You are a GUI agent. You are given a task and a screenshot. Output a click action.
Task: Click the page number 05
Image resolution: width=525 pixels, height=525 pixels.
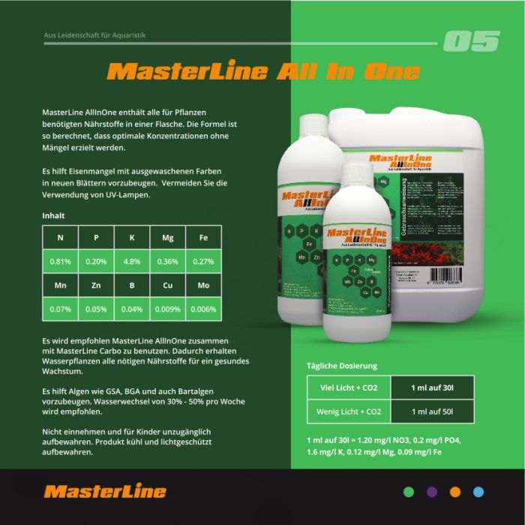tap(471, 41)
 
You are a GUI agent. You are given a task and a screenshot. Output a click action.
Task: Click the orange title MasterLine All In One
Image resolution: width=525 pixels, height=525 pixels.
tap(263, 72)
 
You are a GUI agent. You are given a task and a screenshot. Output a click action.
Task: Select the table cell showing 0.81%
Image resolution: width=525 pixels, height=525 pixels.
tap(61, 262)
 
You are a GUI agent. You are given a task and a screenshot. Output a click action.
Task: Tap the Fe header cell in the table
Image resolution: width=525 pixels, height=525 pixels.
tap(202, 238)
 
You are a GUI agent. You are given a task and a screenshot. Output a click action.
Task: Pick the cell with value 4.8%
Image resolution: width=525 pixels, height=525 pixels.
tap(132, 262)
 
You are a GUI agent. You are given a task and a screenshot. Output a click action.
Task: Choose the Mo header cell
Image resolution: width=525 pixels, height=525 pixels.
tap(202, 286)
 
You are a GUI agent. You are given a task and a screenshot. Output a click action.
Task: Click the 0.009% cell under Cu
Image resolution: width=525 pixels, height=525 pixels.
tap(167, 309)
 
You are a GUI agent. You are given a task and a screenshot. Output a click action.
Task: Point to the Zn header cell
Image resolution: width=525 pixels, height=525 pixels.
tap(96, 286)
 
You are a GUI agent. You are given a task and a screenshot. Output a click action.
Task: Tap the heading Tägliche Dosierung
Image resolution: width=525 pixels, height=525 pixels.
tap(342, 366)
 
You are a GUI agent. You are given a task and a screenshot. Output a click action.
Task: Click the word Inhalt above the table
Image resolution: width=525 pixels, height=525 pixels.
tap(53, 215)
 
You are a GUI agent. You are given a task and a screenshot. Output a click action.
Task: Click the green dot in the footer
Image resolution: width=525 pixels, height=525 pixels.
tap(409, 492)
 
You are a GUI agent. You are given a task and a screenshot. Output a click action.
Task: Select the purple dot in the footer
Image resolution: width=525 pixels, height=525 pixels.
tap(432, 492)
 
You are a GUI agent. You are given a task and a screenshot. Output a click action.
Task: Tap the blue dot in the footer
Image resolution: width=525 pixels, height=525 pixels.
tap(478, 492)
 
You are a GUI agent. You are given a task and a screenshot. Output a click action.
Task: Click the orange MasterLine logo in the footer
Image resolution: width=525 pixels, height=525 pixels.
tap(105, 492)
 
